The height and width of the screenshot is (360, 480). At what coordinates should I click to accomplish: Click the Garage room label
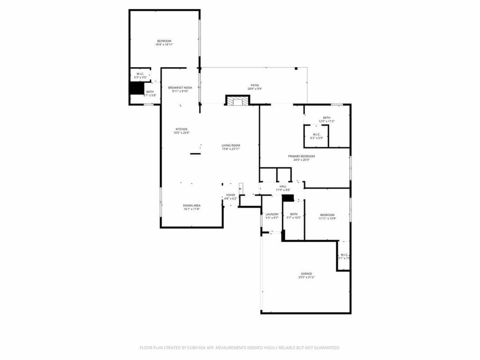306,273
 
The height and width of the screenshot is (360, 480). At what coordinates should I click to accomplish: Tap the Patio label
255,85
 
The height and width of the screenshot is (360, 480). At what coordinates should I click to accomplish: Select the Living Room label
231,145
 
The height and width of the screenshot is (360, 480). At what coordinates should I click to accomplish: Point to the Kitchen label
181,129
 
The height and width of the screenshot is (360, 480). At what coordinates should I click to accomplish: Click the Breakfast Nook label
180,88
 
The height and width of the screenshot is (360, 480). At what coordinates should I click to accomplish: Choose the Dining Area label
192,205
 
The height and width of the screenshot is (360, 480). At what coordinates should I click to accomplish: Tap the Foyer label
231,195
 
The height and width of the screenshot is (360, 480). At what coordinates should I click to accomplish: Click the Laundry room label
272,214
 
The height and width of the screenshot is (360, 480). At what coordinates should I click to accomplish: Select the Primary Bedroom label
304,156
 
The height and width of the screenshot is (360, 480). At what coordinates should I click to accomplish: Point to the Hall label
283,187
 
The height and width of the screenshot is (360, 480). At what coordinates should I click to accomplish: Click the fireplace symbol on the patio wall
238,100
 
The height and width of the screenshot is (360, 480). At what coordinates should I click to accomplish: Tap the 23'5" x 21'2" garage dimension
306,277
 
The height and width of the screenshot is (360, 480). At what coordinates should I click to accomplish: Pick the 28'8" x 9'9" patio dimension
255,89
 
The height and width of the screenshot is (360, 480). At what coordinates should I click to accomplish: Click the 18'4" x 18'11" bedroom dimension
165,45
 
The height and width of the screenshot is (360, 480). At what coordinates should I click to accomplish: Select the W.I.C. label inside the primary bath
316,134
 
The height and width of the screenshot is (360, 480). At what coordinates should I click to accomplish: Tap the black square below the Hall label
288,198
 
